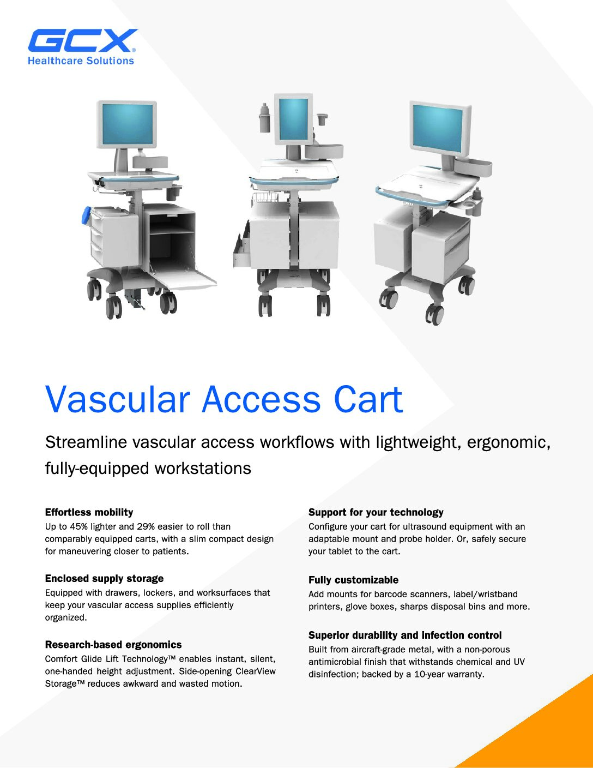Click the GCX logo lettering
pos(83,40)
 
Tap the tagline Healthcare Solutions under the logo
pos(81,61)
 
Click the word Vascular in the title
pos(118,399)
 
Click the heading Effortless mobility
pos(89,512)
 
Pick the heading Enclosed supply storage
pos(104,579)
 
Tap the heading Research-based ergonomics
pos(113,645)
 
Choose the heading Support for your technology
pos(376,512)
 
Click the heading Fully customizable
pos(353,580)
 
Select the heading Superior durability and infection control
pos(405,635)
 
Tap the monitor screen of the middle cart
pos(293,119)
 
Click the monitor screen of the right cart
pos(437,129)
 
